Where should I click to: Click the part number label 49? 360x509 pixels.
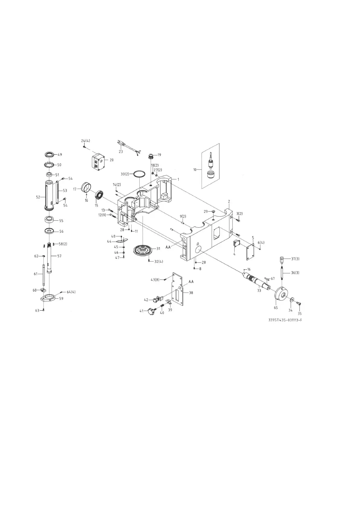pyautogui.click(x=60, y=155)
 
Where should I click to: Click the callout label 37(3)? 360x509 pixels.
pyautogui.click(x=295, y=259)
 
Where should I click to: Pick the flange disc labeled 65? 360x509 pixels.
pyautogui.click(x=282, y=293)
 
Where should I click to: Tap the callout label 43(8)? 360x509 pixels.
pyautogui.click(x=155, y=280)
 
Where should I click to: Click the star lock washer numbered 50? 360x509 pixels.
pyautogui.click(x=49, y=165)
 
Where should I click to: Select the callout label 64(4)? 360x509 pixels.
pyautogui.click(x=71, y=292)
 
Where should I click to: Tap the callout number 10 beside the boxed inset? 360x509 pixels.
pyautogui.click(x=195, y=170)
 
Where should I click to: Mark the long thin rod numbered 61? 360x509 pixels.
pyautogui.click(x=44, y=275)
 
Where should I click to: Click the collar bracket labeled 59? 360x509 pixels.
pyautogui.click(x=48, y=299)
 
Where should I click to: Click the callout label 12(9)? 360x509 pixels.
pyautogui.click(x=102, y=215)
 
